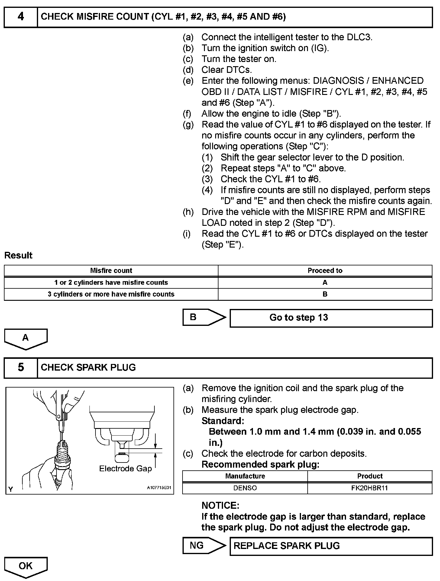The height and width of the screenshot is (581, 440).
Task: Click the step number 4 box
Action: coord(21,17)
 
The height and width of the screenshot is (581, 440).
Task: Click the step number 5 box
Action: coord(21,368)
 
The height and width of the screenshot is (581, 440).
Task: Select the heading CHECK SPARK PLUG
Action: coord(88,368)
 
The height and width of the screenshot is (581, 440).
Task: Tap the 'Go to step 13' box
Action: coord(331,318)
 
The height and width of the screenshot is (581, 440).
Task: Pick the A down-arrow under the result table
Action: coord(26,339)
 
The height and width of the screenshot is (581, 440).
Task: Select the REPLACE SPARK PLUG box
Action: coord(331,546)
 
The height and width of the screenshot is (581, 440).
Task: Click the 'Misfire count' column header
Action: coord(111,271)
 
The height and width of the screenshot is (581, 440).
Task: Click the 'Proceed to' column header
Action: coord(325,271)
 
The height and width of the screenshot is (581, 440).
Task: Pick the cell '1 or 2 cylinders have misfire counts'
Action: coord(111,283)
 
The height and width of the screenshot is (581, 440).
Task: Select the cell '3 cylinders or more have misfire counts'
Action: coord(111,294)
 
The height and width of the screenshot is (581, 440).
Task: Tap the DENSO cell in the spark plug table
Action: coord(245,488)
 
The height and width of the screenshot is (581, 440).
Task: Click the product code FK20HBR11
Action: coord(370,488)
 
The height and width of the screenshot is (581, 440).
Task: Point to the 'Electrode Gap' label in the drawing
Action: coord(125,469)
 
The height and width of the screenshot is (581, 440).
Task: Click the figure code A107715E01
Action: coord(159,488)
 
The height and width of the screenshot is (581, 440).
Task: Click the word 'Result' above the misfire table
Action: coord(18,255)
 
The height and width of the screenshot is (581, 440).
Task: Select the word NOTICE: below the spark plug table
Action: coord(220,505)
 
